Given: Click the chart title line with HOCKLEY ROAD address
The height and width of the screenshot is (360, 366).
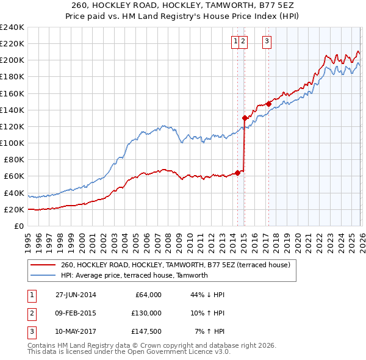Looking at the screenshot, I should pos(183,5).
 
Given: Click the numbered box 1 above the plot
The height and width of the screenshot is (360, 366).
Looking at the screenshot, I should pos(235,41).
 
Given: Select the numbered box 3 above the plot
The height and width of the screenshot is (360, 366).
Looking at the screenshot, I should pos(267,41).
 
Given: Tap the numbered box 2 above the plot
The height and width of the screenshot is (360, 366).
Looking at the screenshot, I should pos(243,41).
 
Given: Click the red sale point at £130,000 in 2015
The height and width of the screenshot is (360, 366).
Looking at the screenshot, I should pos(245,118).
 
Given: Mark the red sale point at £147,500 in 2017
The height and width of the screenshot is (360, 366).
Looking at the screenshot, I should pos(268,104).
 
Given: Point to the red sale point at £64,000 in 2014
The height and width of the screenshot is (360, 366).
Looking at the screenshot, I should pos(237,173).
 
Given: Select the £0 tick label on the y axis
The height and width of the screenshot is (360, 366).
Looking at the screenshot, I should pos(18,226).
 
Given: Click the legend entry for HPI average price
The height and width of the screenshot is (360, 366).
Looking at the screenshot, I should pos(134,275).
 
